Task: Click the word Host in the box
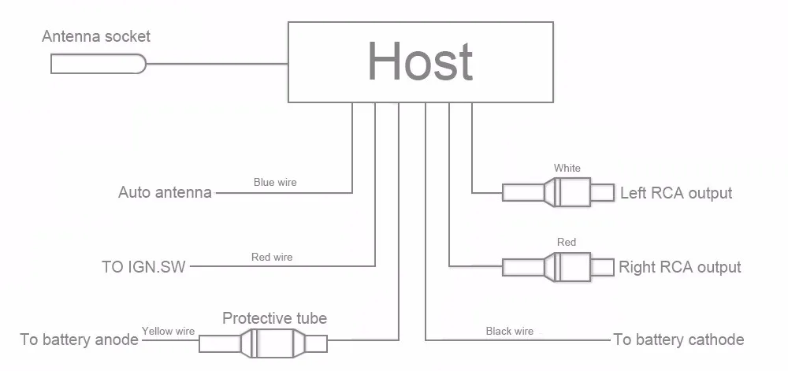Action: (x=420, y=61)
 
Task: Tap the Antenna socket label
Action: (x=96, y=36)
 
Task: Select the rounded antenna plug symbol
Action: (x=98, y=65)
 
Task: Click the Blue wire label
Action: (x=275, y=182)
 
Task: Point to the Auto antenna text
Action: (x=165, y=192)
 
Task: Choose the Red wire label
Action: (x=272, y=257)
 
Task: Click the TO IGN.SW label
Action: (x=143, y=266)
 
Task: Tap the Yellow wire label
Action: (x=168, y=331)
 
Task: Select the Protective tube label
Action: (x=274, y=317)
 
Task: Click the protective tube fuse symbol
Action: (x=263, y=344)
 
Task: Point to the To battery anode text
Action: (x=79, y=339)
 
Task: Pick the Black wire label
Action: (x=510, y=331)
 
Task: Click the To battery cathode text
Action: (x=678, y=339)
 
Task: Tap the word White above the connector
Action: (x=567, y=169)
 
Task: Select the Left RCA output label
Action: (x=676, y=193)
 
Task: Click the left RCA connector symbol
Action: (x=558, y=192)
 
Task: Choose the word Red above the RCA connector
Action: (x=567, y=243)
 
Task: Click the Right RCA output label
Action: (x=679, y=266)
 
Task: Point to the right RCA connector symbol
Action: (x=558, y=267)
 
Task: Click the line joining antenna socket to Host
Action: (x=217, y=65)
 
